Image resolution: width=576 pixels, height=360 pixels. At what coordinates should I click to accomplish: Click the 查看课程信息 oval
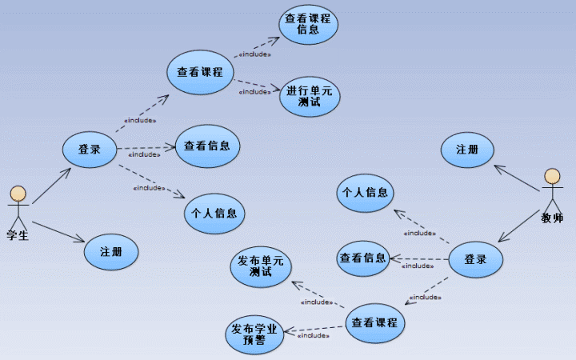[x=309, y=24]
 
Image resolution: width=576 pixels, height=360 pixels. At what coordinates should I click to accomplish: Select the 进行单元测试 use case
[x=309, y=96]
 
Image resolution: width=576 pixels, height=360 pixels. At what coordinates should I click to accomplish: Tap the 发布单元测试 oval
[x=261, y=266]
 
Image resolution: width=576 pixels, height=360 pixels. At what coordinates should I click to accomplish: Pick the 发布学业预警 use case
[x=254, y=334]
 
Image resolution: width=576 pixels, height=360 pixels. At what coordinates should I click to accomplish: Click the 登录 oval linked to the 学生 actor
[x=90, y=149]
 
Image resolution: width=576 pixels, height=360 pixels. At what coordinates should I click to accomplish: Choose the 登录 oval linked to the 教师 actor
[x=475, y=259]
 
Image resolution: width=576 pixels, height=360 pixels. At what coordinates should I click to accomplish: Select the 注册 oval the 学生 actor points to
[x=111, y=251]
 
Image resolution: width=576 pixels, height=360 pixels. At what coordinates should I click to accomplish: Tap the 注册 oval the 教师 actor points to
[x=467, y=150]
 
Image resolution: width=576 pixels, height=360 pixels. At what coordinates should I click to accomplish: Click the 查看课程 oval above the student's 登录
[x=200, y=71]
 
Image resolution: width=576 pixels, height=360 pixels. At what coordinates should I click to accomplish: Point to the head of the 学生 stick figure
[x=18, y=194]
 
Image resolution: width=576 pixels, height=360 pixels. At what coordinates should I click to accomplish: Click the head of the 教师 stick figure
[x=552, y=176]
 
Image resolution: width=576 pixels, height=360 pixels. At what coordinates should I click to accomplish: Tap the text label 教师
[x=552, y=217]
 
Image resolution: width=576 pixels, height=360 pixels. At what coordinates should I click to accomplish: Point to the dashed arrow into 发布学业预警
[x=317, y=328]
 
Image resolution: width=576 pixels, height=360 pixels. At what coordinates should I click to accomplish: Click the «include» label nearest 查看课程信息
[x=254, y=54]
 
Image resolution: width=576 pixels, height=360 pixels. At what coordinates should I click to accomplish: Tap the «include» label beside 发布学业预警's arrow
[x=314, y=336]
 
